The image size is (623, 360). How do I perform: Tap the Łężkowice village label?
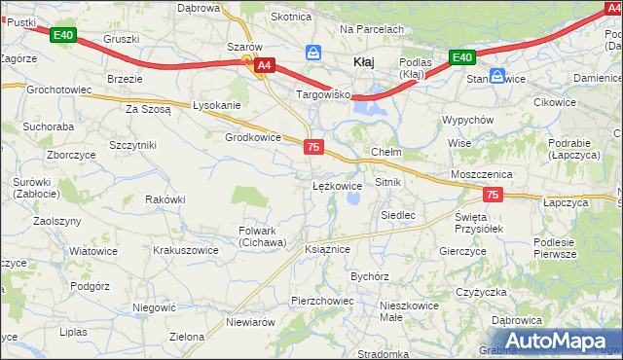coord(337,185)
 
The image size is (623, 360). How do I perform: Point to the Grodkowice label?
coord(253,137)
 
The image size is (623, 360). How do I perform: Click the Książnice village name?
coord(327,249)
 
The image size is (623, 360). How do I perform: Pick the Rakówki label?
coord(165,198)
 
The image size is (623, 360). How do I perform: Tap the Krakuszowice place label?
coord(186,250)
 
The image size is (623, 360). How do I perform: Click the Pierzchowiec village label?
coord(322,301)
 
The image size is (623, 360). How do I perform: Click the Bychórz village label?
coord(370,276)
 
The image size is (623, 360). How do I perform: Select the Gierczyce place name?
coord(462,250)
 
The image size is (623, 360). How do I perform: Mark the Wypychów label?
coord(468,120)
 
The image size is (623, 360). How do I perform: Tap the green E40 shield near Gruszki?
coord(63,36)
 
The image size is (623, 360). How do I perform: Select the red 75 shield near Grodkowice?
coord(312,146)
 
